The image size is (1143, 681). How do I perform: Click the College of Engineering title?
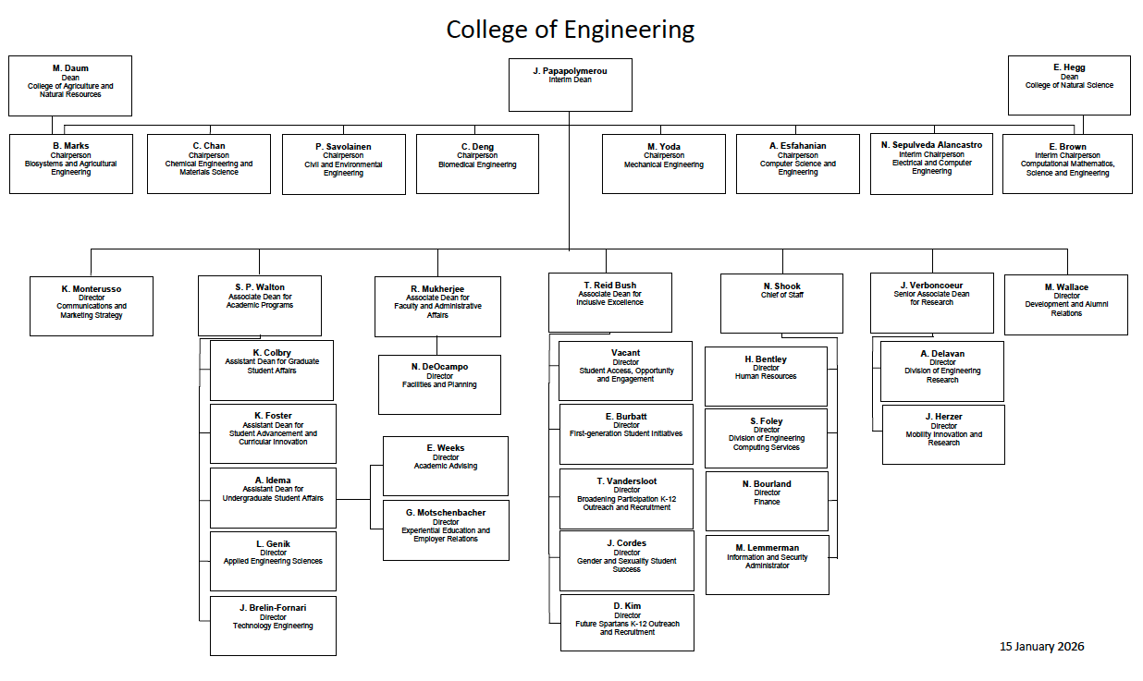[x=570, y=30]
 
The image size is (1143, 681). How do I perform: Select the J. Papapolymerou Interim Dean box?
[x=570, y=85]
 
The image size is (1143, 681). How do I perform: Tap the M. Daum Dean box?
[x=70, y=85]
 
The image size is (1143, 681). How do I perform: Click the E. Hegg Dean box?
[x=1069, y=85]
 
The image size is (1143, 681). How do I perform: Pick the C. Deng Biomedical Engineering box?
[x=477, y=164]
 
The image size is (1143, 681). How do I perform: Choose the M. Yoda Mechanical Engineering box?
[x=663, y=164]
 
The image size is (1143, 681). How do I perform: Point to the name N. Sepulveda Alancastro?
[x=931, y=145]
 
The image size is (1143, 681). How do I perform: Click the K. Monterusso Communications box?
[x=92, y=305]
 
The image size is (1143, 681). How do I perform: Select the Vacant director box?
[x=625, y=370]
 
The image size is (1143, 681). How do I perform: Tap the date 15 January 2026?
[x=1041, y=646]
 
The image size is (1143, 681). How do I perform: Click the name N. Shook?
[x=782, y=286]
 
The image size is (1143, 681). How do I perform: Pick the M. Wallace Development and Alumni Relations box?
[x=1065, y=304]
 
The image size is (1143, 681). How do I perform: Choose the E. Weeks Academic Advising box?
[x=445, y=466]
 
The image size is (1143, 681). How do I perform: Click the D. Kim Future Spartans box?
[x=626, y=622]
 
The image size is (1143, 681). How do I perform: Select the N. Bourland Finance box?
[x=767, y=501]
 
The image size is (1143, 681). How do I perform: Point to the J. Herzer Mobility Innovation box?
[x=943, y=434]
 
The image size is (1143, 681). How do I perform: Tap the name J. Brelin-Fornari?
[x=273, y=607]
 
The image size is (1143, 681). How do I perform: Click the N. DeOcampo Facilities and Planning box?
[x=439, y=384]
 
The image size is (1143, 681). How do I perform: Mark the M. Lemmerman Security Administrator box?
[x=767, y=564]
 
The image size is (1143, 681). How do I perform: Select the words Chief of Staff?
[x=782, y=296]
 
